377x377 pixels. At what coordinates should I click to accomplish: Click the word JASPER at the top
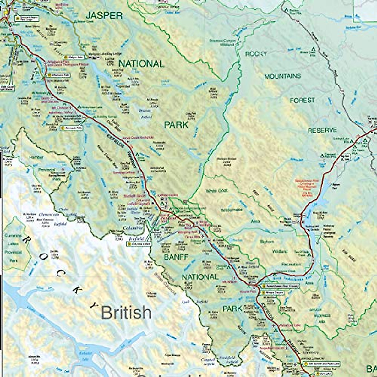point(104,16)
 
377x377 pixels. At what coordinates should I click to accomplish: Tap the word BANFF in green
point(176,257)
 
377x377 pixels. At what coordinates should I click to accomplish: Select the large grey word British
point(126,312)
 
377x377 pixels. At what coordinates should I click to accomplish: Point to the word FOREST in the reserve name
point(302,100)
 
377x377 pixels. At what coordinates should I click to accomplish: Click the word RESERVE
point(322,130)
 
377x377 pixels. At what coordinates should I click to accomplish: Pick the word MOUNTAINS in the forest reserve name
point(282,76)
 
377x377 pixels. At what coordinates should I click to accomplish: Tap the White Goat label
point(217,191)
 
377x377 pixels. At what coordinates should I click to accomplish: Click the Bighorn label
point(267,242)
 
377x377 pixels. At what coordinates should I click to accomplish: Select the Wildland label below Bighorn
point(280,251)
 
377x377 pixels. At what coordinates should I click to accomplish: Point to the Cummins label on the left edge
point(13,235)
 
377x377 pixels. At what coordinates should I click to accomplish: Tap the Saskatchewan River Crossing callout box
point(278,286)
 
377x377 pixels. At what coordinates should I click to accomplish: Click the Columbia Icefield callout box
point(139,244)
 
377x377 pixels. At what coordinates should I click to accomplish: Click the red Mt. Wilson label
point(229,281)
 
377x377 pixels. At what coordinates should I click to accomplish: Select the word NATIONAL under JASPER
point(141,64)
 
